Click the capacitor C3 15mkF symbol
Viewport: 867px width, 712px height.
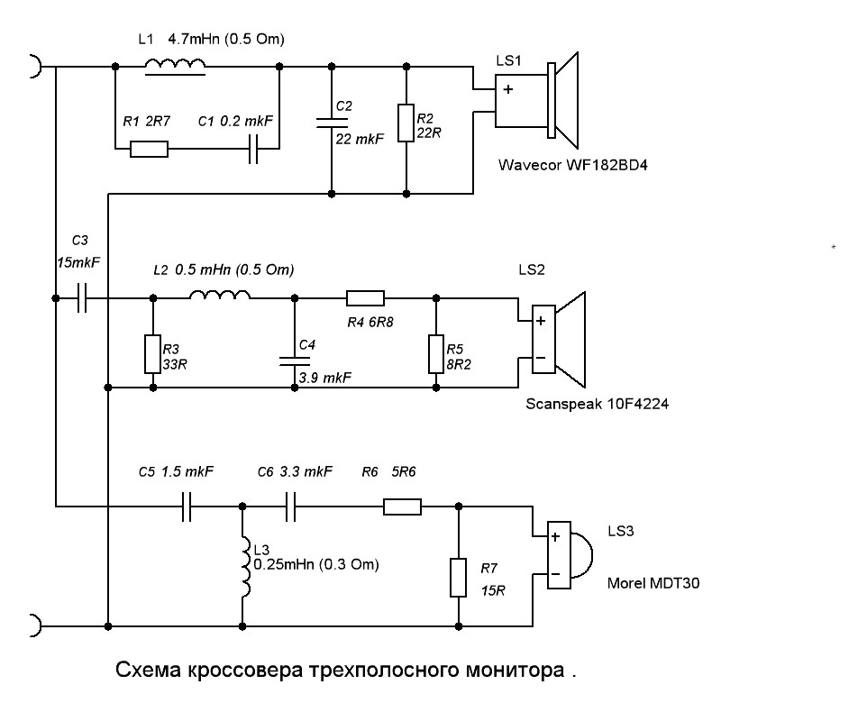(x=81, y=297)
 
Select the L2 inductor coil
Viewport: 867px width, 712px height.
(x=219, y=297)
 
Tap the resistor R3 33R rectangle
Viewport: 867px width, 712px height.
(x=152, y=354)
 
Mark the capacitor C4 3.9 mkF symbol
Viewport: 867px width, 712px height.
(x=293, y=361)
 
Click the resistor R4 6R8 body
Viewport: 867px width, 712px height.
(x=365, y=297)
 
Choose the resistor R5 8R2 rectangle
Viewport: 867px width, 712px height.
(x=437, y=352)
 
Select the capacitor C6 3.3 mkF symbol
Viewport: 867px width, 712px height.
(x=292, y=507)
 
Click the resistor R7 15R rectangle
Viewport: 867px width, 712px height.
(x=459, y=577)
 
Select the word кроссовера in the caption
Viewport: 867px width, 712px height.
(x=245, y=671)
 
